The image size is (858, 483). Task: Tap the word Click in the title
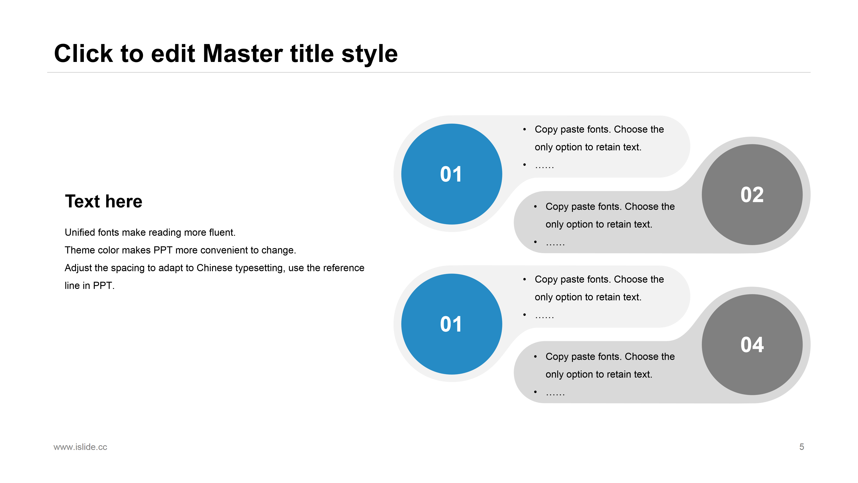pos(84,53)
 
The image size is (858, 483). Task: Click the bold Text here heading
pos(104,201)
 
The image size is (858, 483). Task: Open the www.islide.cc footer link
pos(80,447)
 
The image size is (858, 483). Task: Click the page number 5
pos(802,447)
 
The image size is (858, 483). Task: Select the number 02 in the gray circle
pos(752,195)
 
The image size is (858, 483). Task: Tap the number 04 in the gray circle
pos(752,345)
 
